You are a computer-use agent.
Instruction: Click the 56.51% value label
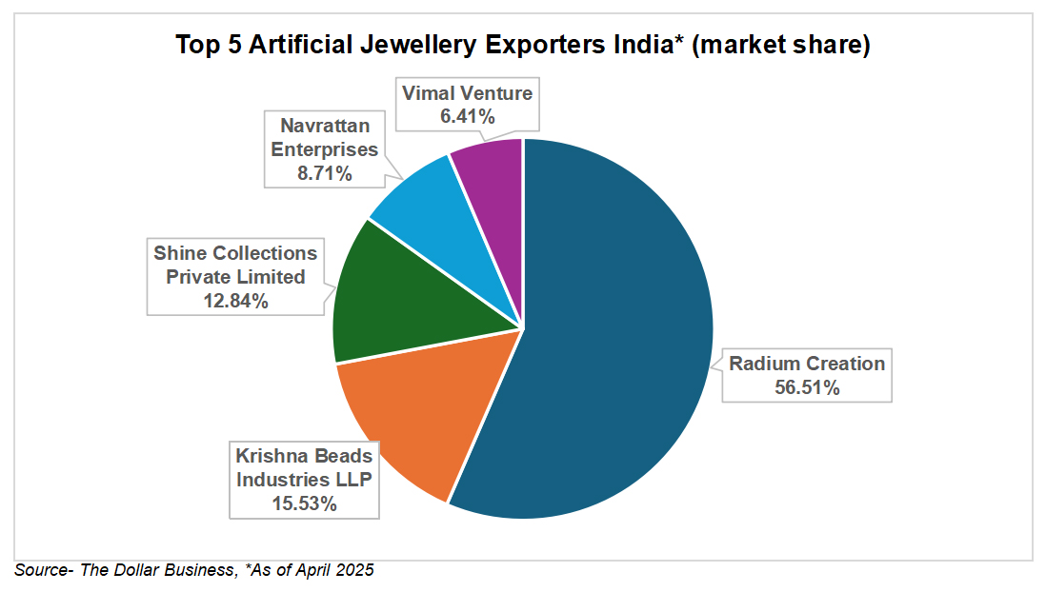click(807, 387)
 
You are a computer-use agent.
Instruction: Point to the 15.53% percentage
click(304, 503)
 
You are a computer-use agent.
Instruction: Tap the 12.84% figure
click(235, 301)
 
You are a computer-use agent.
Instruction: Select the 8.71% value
click(325, 173)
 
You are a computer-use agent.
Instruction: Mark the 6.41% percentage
click(467, 117)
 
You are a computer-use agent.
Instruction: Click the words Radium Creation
click(807, 364)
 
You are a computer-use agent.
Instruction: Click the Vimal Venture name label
click(467, 93)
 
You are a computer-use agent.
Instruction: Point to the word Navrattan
click(325, 125)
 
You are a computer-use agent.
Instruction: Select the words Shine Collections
click(235, 253)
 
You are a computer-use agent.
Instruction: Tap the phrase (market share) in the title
click(781, 45)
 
